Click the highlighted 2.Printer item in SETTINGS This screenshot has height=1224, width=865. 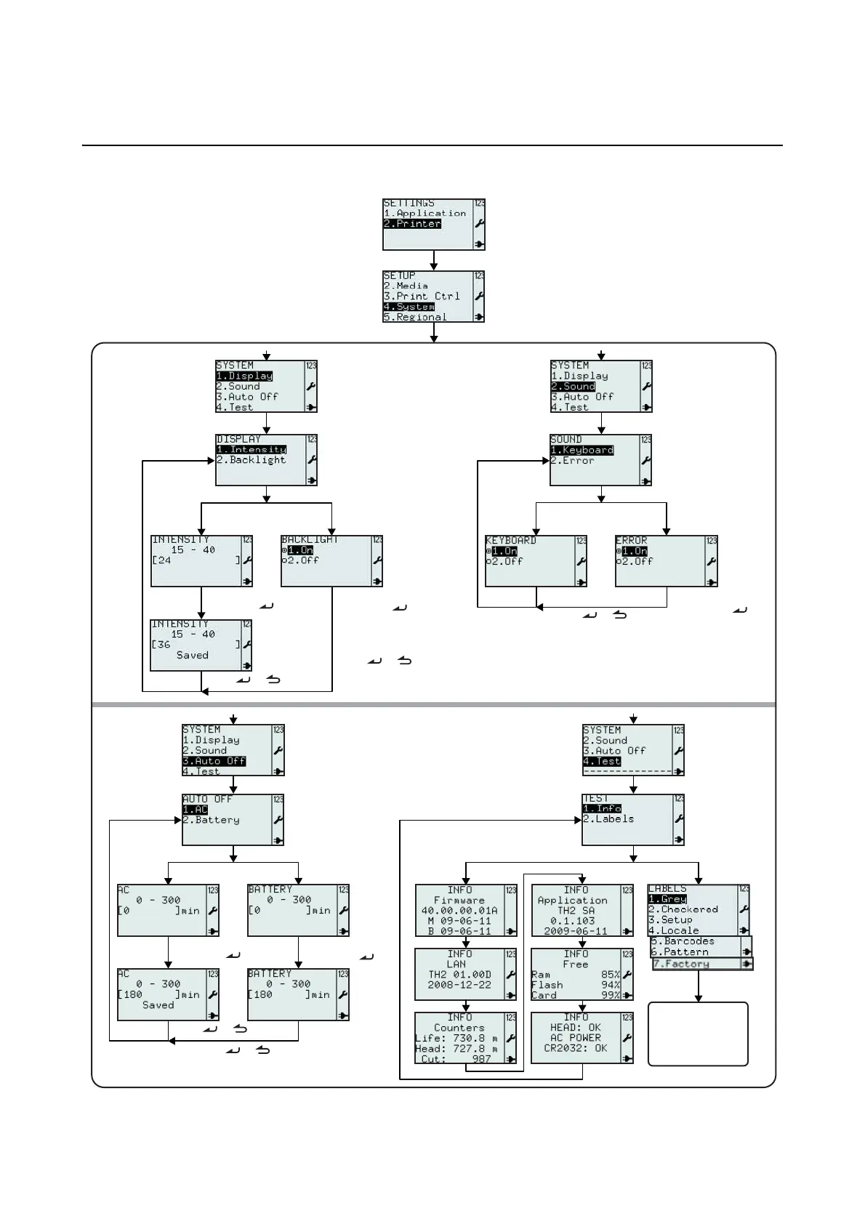click(412, 224)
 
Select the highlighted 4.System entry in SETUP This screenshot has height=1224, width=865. click(409, 307)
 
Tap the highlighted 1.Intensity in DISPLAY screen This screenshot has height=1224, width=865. click(252, 449)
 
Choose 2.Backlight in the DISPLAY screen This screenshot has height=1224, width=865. click(252, 460)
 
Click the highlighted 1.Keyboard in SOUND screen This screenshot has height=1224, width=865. click(582, 450)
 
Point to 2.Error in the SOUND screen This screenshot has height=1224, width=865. click(572, 461)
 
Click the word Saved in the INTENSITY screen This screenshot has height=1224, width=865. click(193, 655)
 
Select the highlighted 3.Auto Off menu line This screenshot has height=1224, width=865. click(214, 761)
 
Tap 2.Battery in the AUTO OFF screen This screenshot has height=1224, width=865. click(211, 820)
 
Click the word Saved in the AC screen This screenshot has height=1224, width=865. click(158, 1005)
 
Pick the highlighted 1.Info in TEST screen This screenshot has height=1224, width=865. click(602, 808)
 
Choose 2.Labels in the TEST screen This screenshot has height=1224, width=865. click(608, 819)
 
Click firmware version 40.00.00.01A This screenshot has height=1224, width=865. click(459, 910)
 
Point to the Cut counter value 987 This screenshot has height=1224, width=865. click(481, 1059)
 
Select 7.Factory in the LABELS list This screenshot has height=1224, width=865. click(681, 964)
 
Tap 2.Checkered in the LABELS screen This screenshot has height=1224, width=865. click(683, 909)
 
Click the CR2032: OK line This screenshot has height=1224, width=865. click(576, 1048)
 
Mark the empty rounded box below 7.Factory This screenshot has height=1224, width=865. click(698, 1034)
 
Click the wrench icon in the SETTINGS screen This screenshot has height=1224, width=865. click(479, 224)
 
